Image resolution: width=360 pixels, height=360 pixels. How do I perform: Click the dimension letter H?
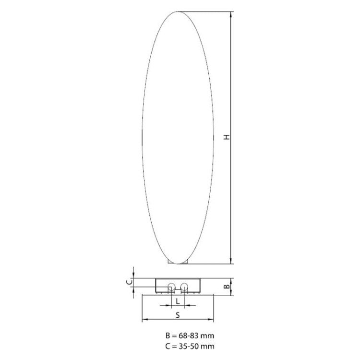(227, 137)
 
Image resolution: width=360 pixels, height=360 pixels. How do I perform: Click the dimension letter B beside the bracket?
(227, 287)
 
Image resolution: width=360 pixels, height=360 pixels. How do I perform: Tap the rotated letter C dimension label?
(130, 281)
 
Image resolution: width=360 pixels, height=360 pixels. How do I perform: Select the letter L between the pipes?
(178, 301)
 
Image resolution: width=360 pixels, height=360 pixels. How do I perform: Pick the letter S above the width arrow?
(178, 315)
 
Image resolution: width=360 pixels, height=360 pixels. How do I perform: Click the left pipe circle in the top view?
(171, 287)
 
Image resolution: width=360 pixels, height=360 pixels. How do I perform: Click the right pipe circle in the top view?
(184, 287)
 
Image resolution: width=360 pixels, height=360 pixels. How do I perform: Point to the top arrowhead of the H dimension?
(231, 14)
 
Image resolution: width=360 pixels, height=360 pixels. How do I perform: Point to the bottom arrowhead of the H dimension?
(231, 261)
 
